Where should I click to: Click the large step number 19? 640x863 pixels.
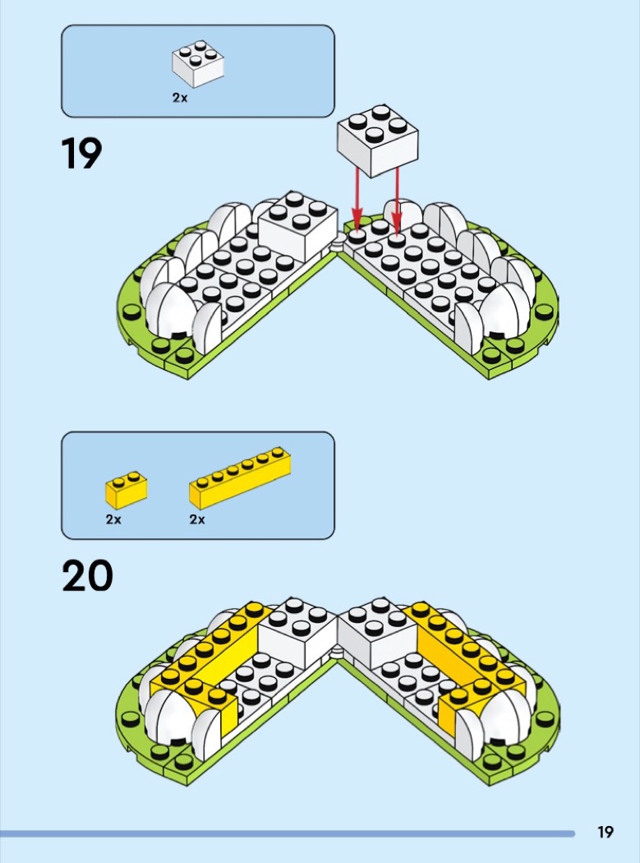[x=82, y=154]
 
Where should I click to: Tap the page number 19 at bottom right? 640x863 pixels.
[x=605, y=832]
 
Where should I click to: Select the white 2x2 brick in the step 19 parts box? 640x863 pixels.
[x=198, y=65]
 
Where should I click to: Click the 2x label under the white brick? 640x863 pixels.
[x=180, y=97]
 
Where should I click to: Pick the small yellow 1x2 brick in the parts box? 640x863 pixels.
[x=126, y=489]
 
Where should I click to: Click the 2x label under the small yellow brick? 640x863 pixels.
[x=113, y=519]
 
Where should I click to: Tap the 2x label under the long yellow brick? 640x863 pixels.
[x=197, y=519]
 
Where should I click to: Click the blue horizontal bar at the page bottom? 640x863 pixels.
[x=288, y=833]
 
